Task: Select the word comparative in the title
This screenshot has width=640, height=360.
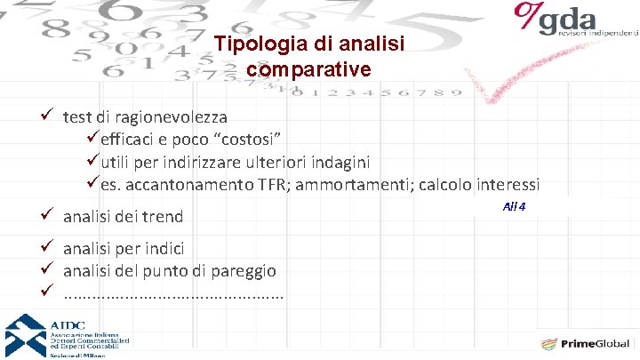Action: (x=302, y=68)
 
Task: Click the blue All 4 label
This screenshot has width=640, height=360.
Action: (x=515, y=206)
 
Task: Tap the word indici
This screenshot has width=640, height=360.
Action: (x=166, y=248)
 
